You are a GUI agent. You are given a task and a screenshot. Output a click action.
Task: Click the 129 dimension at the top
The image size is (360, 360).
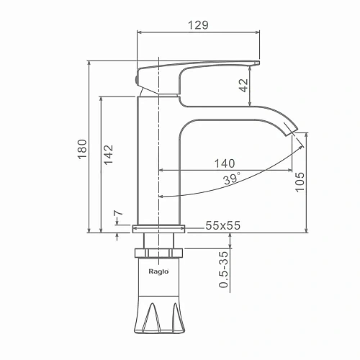point(198,25)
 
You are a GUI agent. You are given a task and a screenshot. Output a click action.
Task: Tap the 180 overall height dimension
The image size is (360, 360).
point(82,149)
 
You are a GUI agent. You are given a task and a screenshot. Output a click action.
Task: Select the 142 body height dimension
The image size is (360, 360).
point(108,155)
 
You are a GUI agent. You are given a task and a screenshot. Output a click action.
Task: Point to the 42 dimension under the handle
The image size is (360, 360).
point(244,86)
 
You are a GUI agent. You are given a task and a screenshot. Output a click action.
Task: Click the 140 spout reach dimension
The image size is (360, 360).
point(225,163)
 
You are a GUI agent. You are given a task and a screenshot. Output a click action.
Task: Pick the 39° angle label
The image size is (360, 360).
point(232,179)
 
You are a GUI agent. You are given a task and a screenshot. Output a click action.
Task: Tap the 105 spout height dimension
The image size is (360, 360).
point(300,182)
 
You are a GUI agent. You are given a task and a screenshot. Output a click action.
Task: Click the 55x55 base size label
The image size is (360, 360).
point(222,225)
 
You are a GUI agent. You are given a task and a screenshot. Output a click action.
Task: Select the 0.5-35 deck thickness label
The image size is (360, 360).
point(223,269)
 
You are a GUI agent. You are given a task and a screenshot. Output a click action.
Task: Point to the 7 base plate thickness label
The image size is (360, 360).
point(118,212)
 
